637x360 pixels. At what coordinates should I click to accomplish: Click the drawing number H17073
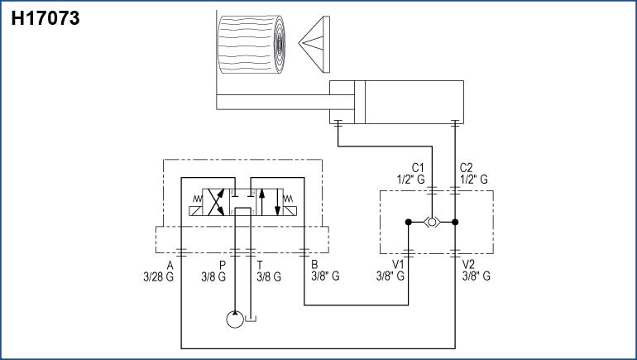(45, 17)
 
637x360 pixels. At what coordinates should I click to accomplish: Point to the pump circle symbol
(236, 319)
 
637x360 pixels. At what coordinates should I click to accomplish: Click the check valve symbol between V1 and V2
(432, 222)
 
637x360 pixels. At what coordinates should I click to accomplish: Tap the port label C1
(418, 166)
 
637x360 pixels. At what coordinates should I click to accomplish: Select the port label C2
(466, 166)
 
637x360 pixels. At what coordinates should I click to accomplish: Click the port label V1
(396, 265)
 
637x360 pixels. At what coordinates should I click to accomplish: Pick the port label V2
(469, 265)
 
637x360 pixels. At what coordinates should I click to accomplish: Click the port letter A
(170, 265)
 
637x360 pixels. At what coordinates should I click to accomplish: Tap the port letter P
(223, 265)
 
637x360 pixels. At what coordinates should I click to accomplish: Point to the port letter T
(261, 265)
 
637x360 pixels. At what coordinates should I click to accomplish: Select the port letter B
(314, 265)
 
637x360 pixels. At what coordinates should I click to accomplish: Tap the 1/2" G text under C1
(410, 178)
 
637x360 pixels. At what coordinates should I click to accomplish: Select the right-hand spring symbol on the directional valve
(290, 199)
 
